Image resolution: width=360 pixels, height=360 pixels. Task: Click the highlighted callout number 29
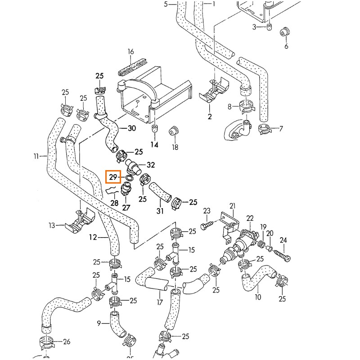(x=112, y=176)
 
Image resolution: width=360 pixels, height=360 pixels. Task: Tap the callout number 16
(x=131, y=52)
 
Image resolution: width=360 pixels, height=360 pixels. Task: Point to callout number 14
(x=154, y=144)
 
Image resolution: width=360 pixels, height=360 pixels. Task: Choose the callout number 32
(x=151, y=165)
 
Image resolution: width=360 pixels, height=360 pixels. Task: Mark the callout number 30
(x=131, y=128)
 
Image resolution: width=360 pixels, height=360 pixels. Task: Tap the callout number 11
(x=36, y=156)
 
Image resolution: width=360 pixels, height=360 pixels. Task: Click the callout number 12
(x=92, y=237)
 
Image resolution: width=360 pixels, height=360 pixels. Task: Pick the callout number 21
(x=233, y=206)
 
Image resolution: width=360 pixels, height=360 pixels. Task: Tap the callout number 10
(x=258, y=297)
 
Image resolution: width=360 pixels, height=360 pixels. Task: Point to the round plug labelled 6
(x=285, y=32)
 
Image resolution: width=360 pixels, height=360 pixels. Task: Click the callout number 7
(x=281, y=129)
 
